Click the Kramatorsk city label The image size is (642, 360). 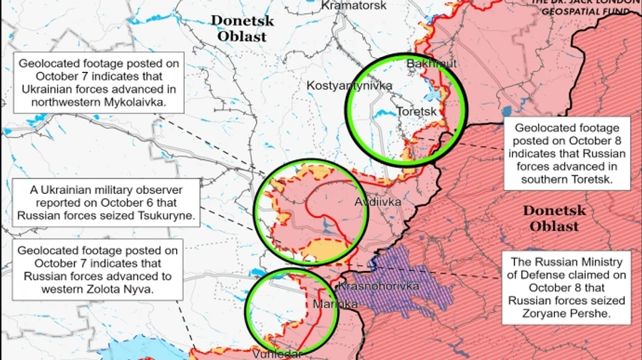[354, 6]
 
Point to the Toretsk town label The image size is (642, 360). [417, 112]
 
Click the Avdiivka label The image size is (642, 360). [378, 202]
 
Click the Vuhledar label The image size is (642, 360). [278, 354]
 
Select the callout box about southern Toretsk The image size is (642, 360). [569, 154]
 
